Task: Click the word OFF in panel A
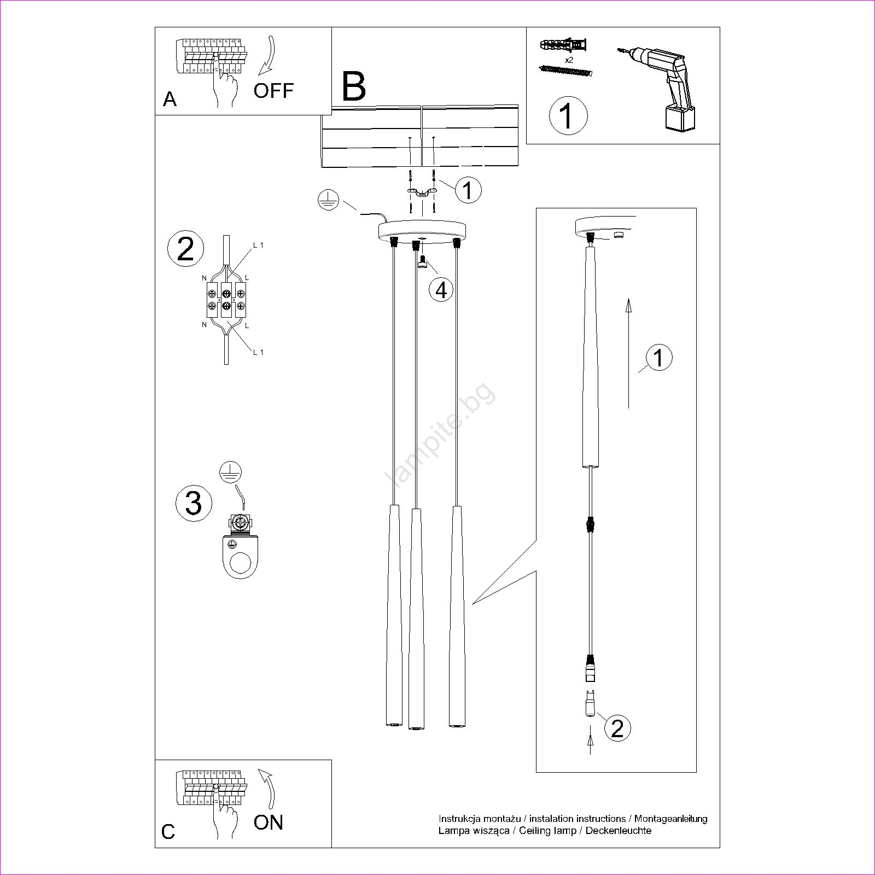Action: coord(273,90)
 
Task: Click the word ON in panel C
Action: coord(268,822)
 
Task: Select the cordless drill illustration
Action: coord(664,87)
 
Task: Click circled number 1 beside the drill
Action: coord(568,115)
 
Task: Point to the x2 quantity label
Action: coord(568,60)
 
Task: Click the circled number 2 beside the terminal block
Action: coord(185,249)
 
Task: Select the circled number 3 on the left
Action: coord(194,503)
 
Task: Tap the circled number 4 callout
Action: coord(441,289)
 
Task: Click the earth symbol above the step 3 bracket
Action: coord(231,471)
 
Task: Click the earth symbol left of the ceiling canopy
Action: coord(328,201)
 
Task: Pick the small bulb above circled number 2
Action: coord(590,704)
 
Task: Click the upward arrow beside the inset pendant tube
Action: coord(629,353)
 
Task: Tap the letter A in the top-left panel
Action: coord(170,100)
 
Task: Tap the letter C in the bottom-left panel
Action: coord(168,831)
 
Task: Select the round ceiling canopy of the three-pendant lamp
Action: coord(422,230)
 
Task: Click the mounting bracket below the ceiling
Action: coord(422,191)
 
